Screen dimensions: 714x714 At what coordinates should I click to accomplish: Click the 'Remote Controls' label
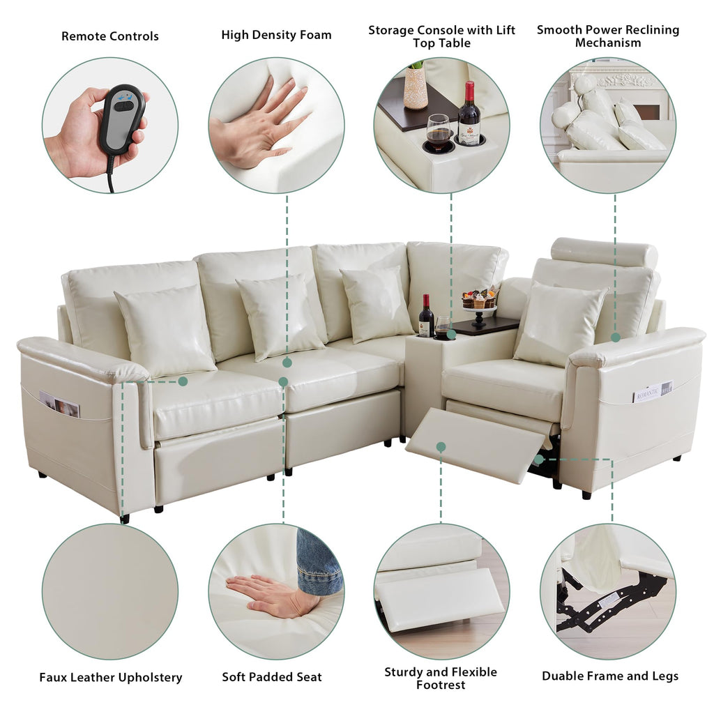pyautogui.click(x=110, y=36)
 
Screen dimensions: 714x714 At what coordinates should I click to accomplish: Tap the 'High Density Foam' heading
pyautogui.click(x=276, y=35)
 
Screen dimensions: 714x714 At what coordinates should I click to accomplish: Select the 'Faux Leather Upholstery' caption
pyautogui.click(x=111, y=677)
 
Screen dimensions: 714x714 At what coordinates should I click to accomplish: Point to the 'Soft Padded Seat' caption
pyautogui.click(x=272, y=676)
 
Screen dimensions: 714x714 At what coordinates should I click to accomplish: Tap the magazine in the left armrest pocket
pyautogui.click(x=60, y=404)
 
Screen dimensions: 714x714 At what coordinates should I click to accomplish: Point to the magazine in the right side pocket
pyautogui.click(x=653, y=391)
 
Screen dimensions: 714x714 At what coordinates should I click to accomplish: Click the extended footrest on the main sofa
pyautogui.click(x=476, y=444)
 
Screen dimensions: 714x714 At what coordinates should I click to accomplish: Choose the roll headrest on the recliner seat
pyautogui.click(x=604, y=252)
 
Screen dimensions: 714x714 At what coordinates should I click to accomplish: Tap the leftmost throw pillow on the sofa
pyautogui.click(x=166, y=330)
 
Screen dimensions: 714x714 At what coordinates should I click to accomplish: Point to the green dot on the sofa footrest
pyautogui.click(x=441, y=447)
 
